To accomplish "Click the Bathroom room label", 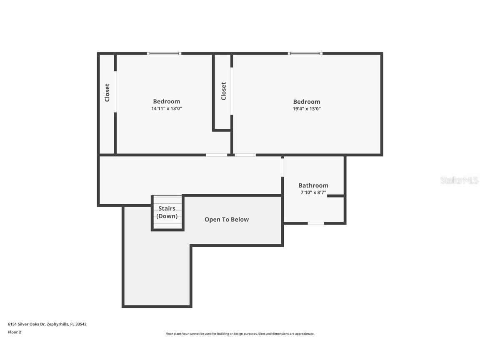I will [x=313, y=185].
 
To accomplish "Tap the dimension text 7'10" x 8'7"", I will [x=313, y=192].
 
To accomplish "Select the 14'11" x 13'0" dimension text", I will [x=166, y=108].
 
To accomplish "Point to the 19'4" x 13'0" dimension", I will [x=307, y=109].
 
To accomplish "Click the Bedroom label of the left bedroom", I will [x=166, y=101].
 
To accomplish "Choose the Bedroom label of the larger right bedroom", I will [x=307, y=102].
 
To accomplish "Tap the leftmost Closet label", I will [x=107, y=92].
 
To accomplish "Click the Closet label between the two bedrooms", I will [x=224, y=91].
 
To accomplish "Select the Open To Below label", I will [x=226, y=220].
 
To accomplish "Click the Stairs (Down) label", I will [x=167, y=212].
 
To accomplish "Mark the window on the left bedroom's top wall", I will [x=164, y=53].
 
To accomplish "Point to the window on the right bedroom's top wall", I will [x=305, y=53].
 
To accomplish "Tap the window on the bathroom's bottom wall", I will [x=316, y=223].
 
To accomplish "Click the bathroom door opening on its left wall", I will [x=282, y=167].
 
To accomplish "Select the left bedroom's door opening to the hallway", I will [x=217, y=155].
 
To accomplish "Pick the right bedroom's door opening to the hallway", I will [x=245, y=155].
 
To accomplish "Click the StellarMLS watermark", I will [x=459, y=180].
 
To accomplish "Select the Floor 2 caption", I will [x=14, y=332].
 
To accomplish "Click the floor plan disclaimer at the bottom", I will [x=240, y=334].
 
